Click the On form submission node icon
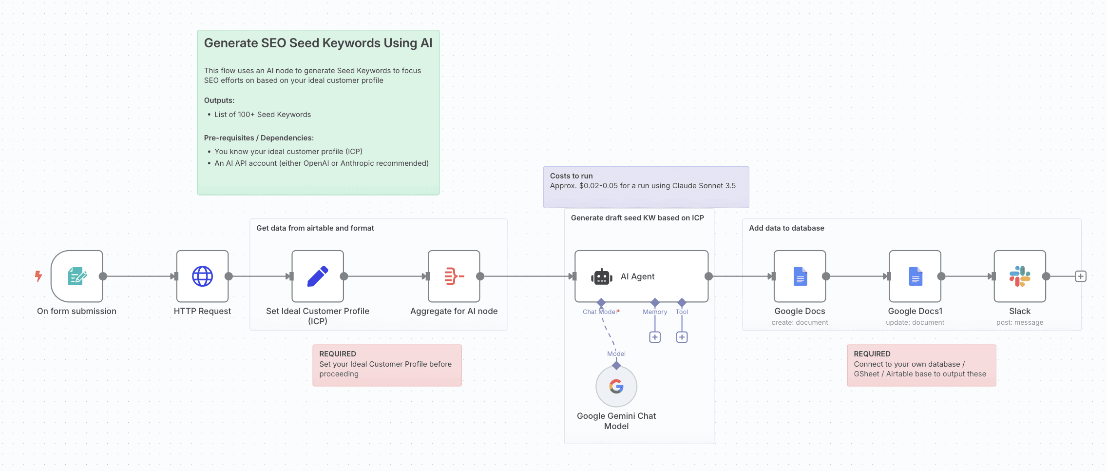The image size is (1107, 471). (77, 276)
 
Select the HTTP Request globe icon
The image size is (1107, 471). (202, 276)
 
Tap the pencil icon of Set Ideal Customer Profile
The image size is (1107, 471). (318, 276)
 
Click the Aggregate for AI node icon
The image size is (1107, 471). (454, 276)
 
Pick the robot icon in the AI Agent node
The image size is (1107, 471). (602, 276)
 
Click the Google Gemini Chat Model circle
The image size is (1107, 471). (616, 387)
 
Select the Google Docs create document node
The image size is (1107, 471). (800, 276)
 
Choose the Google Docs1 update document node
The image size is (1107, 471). (915, 276)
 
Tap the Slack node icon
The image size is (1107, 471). (1020, 276)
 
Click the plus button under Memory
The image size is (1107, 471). (655, 337)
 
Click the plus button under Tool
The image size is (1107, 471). (682, 337)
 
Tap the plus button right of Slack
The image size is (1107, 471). (1081, 276)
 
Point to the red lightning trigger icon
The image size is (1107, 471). (38, 276)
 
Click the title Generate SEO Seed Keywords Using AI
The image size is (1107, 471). (318, 43)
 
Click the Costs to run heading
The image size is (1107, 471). (571, 176)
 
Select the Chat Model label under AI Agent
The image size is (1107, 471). (601, 312)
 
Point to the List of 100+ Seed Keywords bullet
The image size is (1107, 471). (262, 115)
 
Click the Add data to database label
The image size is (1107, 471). (786, 228)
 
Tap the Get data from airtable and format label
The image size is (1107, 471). (315, 228)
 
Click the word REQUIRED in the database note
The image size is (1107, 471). (872, 354)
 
